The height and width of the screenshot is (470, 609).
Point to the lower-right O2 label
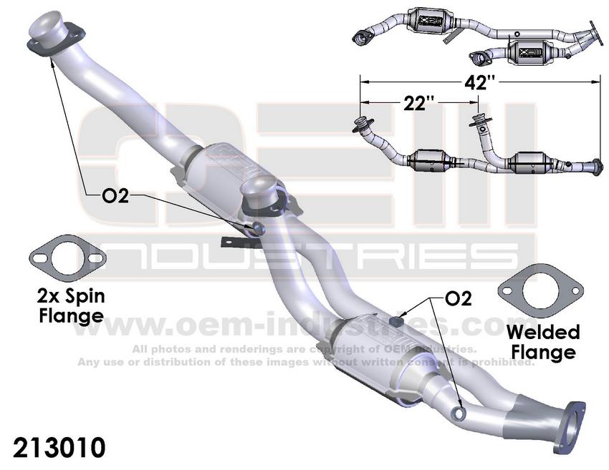click(457, 299)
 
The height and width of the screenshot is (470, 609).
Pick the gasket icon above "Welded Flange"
click(530, 294)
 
